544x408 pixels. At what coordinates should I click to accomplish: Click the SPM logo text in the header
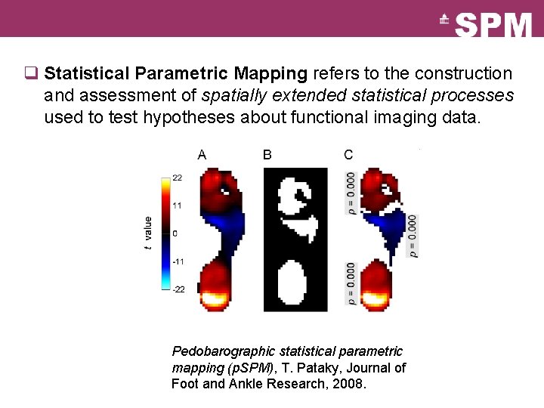[x=494, y=24]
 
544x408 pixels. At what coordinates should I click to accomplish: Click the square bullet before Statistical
[x=31, y=74]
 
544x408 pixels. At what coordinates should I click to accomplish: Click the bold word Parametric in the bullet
[x=181, y=74]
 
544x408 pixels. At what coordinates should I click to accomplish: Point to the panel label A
[x=202, y=155]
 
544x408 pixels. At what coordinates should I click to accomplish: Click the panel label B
[x=267, y=155]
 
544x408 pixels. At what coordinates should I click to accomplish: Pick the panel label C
[x=348, y=155]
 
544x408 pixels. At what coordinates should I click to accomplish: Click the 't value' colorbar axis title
[x=148, y=233]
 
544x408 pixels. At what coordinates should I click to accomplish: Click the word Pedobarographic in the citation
[x=224, y=351]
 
